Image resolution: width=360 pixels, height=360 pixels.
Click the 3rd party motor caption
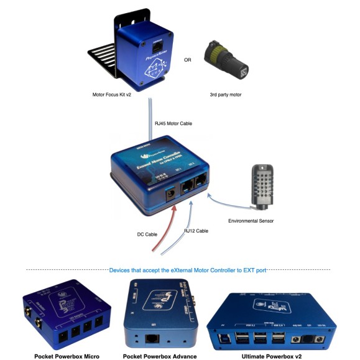coord(228,95)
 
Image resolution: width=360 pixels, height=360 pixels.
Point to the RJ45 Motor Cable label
coord(173,124)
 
